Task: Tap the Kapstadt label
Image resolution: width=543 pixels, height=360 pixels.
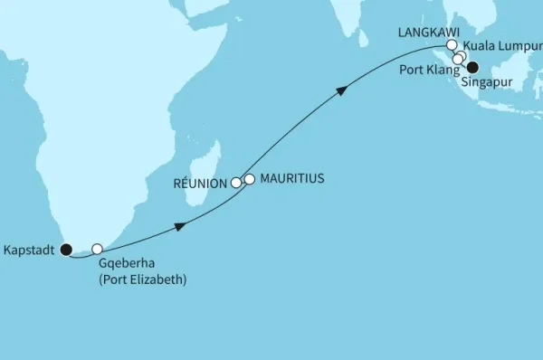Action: [x=30, y=250]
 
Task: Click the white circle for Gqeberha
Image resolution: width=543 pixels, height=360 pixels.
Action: [x=97, y=249]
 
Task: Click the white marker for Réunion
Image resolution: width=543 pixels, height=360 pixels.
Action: [x=237, y=183]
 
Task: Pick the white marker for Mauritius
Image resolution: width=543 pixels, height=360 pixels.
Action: [x=250, y=179]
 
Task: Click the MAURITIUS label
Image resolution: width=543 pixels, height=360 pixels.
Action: [x=292, y=179]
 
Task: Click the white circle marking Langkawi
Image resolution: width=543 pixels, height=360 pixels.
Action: [x=452, y=43]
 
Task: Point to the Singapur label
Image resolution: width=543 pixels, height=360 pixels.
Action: [x=485, y=83]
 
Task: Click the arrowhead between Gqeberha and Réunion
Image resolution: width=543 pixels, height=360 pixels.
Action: [x=182, y=226]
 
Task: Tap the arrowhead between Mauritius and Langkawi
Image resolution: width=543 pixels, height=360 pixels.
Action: [x=342, y=90]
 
